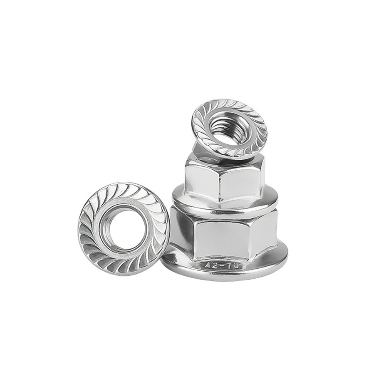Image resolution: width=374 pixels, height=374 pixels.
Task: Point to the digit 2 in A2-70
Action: pyautogui.click(x=213, y=266)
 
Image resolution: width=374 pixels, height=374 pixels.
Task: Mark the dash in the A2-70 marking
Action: pyautogui.click(x=220, y=267)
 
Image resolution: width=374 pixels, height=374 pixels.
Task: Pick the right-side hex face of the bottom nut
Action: pyautogui.click(x=266, y=233)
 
